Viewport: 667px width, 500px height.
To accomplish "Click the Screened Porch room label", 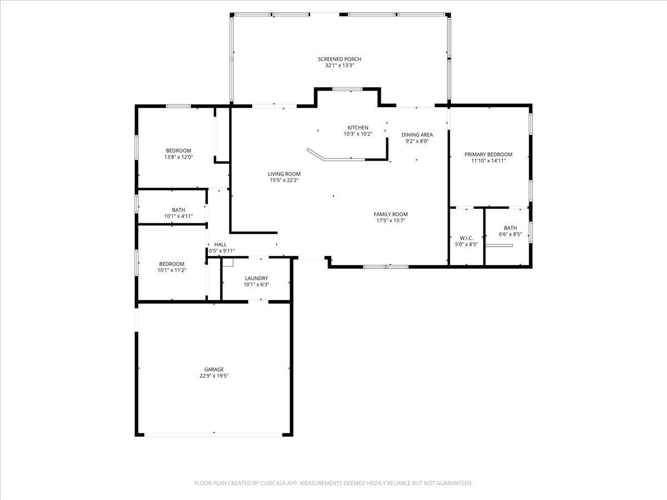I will tap(339, 59).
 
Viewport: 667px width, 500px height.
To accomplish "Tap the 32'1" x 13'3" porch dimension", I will tap(339, 66).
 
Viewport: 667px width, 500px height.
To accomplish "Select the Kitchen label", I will tap(358, 127).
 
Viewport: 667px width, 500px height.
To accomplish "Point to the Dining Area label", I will tap(417, 134).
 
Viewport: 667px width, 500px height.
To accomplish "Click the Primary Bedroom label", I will tap(489, 154).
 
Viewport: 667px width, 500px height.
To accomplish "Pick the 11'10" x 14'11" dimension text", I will tap(489, 161).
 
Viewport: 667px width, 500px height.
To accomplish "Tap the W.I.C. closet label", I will tap(466, 238).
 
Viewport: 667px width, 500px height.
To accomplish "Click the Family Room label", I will tap(390, 214).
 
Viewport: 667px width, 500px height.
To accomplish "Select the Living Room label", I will tap(284, 174).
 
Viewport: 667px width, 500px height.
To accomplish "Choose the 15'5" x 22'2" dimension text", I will tap(284, 180).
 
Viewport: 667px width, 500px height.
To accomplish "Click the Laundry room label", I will tap(256, 278).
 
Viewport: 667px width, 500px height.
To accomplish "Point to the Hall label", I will tap(221, 244).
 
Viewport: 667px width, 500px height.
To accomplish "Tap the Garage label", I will tap(214, 369).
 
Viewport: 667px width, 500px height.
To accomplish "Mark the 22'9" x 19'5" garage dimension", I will tap(214, 376).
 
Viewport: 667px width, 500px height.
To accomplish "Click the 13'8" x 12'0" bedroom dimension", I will tap(178, 157).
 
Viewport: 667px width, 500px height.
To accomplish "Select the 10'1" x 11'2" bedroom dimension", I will tap(172, 271).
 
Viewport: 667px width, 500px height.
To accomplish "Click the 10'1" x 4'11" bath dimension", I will tap(178, 216).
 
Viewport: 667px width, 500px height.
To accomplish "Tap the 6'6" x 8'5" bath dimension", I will tap(510, 234).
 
